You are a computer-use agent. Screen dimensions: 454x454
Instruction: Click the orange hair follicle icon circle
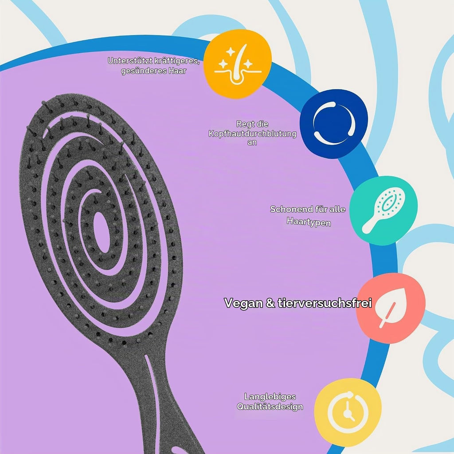(238, 64)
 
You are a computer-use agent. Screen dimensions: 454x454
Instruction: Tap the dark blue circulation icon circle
(334, 124)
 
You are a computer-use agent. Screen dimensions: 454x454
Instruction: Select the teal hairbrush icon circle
(384, 211)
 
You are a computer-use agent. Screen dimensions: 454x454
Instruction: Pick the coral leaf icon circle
(391, 308)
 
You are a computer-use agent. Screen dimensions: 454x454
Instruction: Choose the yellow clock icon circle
(348, 412)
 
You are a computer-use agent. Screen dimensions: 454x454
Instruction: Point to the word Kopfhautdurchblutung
(252, 134)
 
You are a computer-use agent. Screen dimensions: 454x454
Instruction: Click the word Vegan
(243, 303)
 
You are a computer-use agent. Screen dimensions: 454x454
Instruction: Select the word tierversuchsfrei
(325, 303)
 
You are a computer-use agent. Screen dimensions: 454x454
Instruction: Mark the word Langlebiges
(270, 397)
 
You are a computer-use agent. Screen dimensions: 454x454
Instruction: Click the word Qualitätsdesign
(270, 407)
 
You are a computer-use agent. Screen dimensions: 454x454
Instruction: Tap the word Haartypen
(309, 222)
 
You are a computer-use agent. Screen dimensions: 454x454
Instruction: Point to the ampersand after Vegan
(270, 303)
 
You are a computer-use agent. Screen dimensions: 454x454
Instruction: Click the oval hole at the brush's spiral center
(102, 232)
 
